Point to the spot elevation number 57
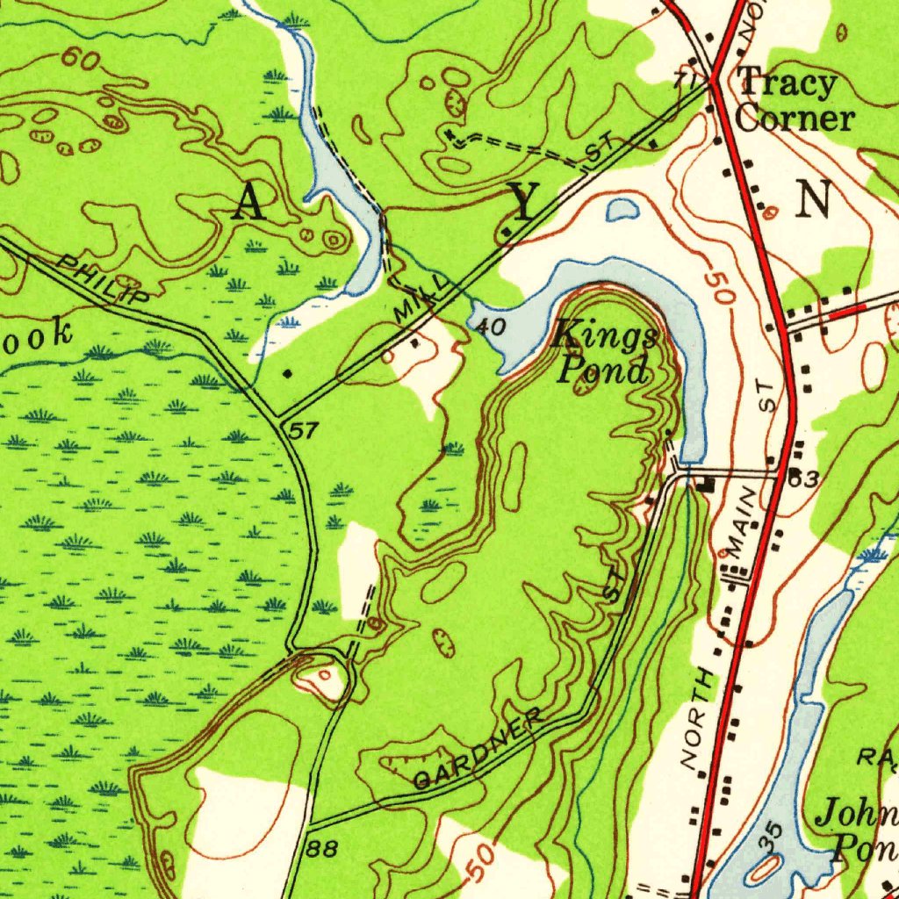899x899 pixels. [303, 431]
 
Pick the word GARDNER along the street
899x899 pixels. [478, 751]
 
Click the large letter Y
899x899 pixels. [523, 204]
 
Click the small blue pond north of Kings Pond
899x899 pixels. [622, 209]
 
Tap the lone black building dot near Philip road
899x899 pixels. [289, 374]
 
